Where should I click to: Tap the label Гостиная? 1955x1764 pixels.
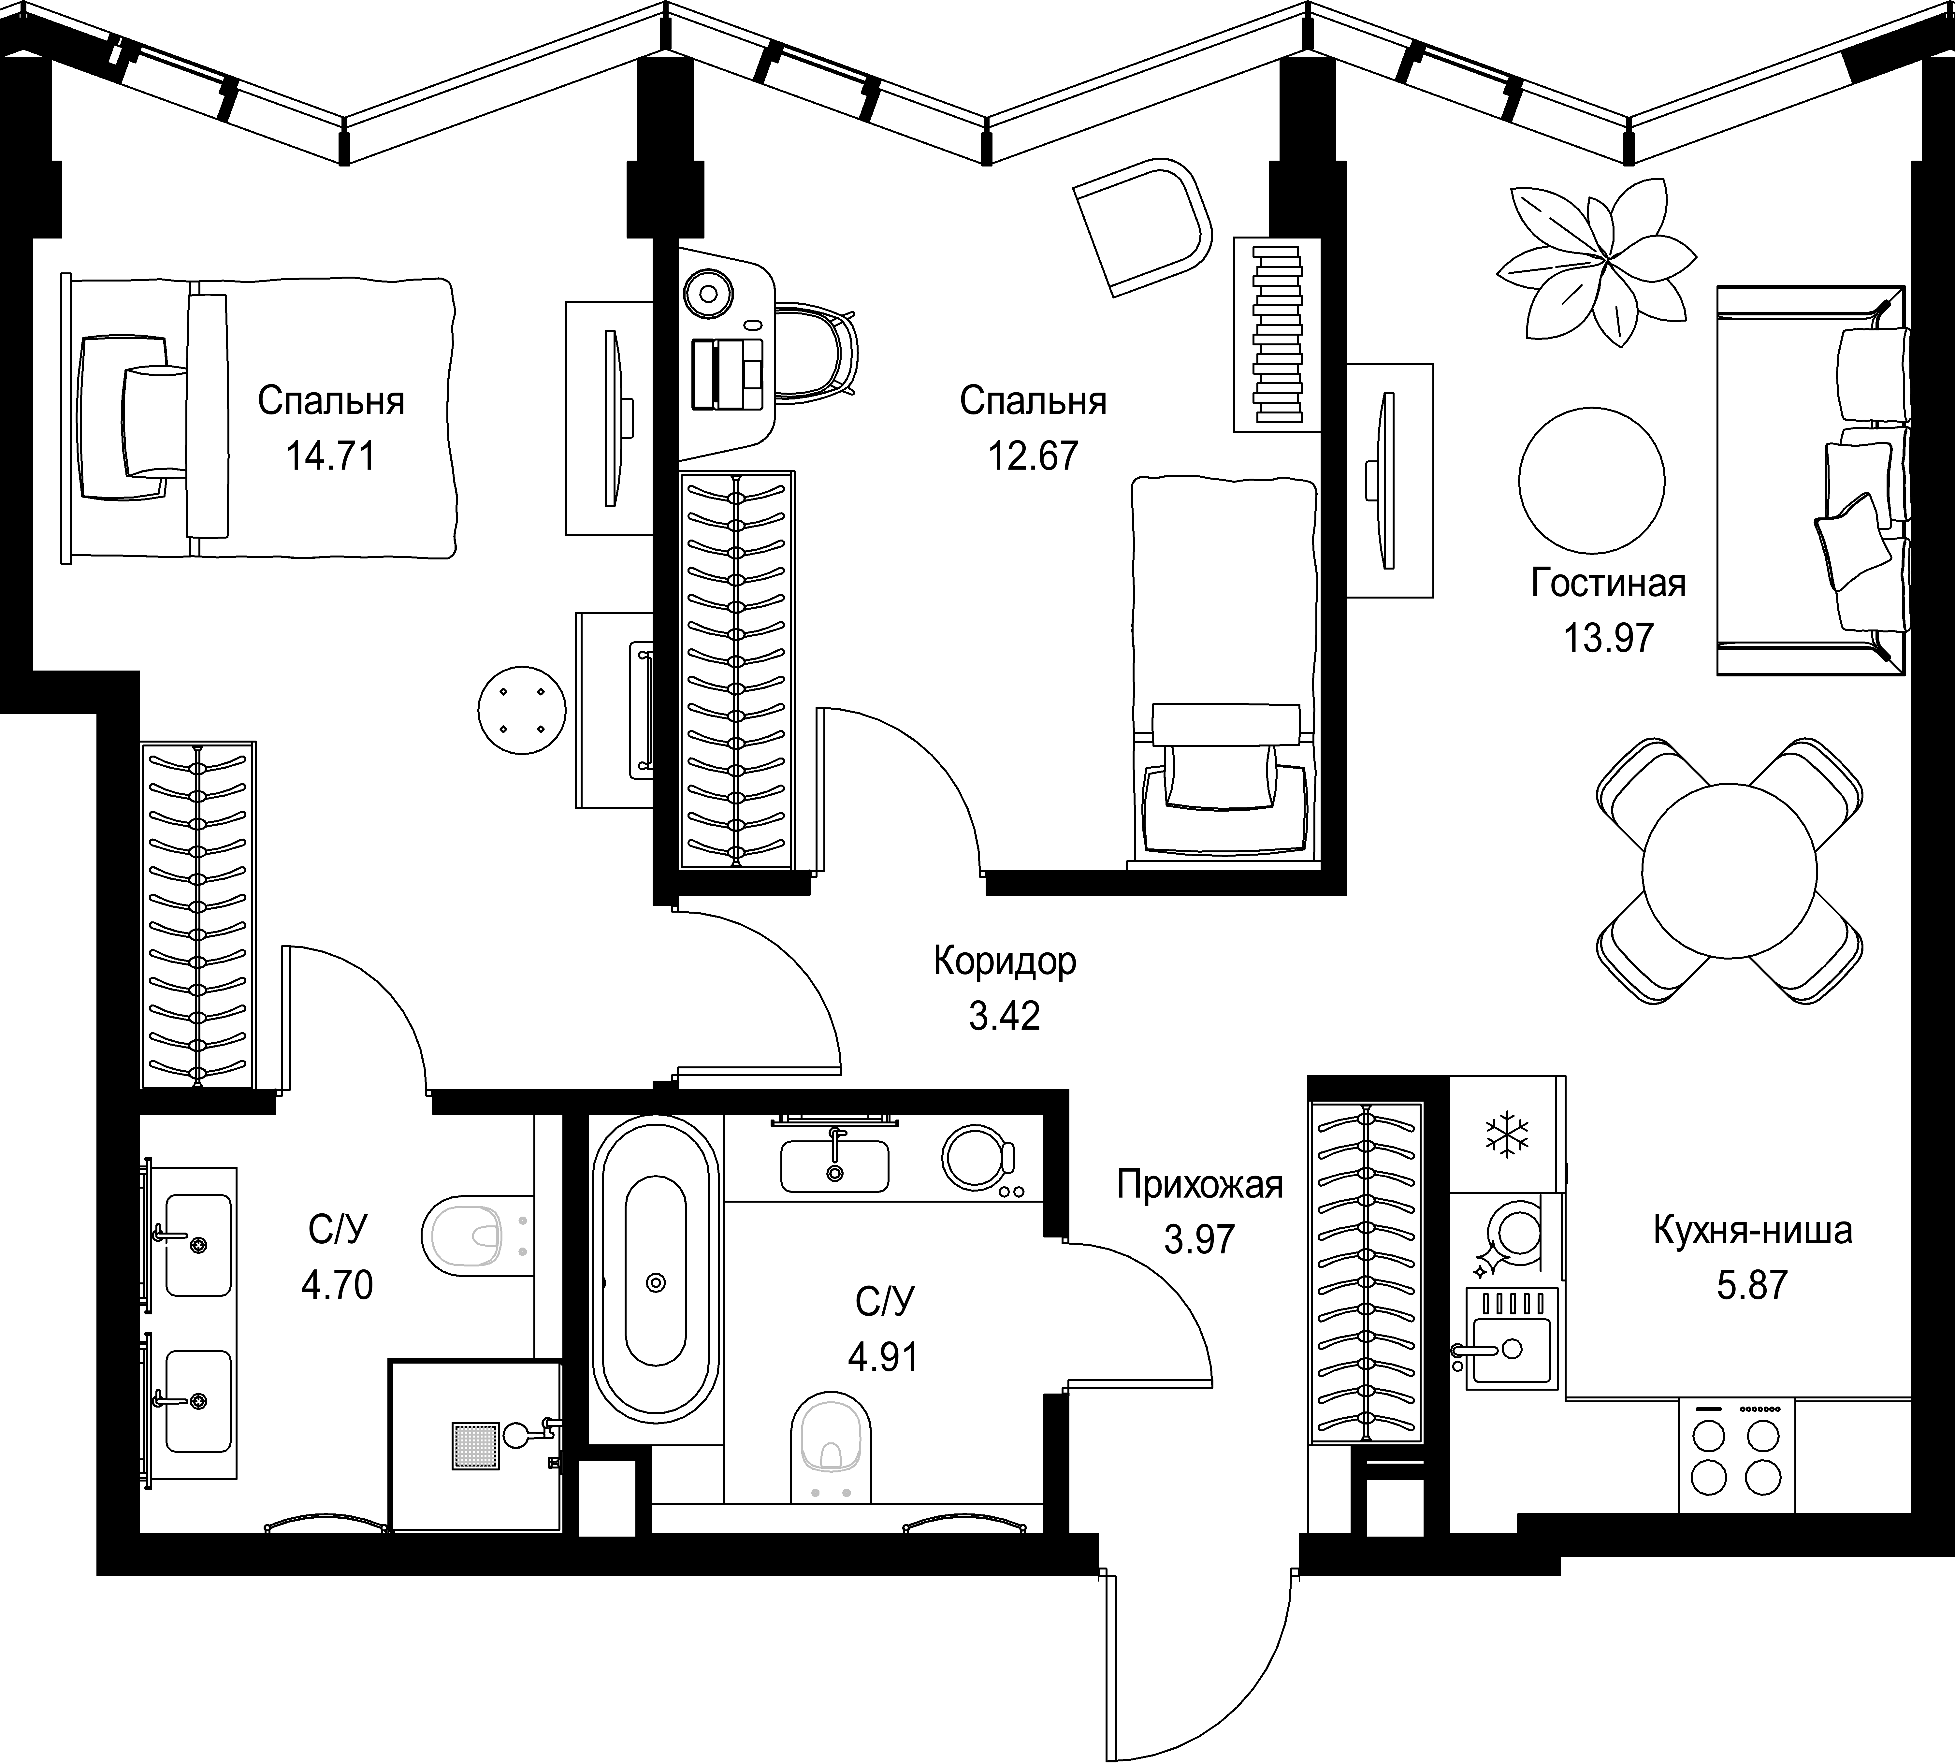click(1608, 584)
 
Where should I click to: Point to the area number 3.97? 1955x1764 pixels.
click(1199, 1239)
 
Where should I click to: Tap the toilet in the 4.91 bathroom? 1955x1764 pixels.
click(831, 1446)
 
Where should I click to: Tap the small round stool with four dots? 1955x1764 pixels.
click(521, 709)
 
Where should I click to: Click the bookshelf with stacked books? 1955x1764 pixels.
click(1276, 334)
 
